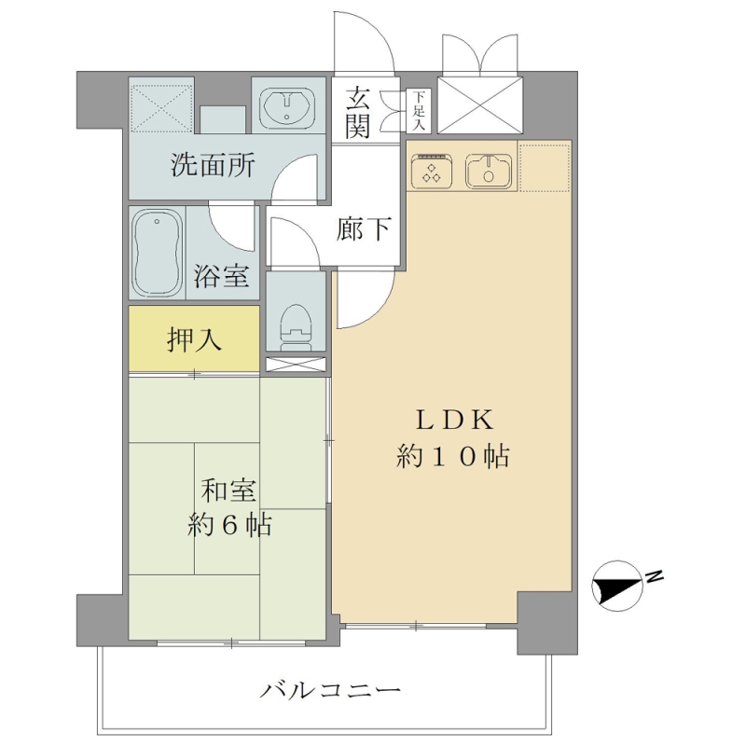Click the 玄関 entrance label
357,112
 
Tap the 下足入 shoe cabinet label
419,111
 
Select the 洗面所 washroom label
213,166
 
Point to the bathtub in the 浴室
157,253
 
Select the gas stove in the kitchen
432,171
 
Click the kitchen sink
488,171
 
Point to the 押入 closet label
194,339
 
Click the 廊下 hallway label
364,228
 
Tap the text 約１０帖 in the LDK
453,456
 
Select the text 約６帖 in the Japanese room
229,525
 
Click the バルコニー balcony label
330,689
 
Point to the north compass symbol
615,586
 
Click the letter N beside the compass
655,576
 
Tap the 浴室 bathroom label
221,276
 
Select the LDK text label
455,421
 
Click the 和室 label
228,490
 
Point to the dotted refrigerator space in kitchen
545,167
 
